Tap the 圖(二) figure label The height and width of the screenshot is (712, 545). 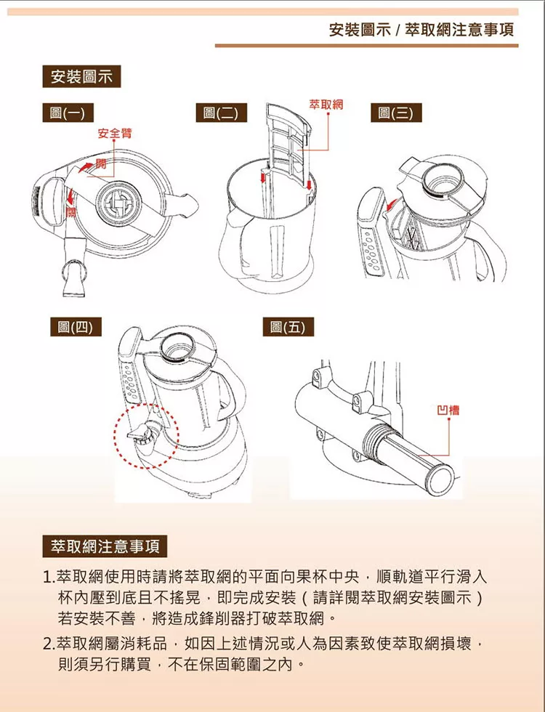(x=221, y=112)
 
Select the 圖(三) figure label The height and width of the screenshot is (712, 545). (x=396, y=112)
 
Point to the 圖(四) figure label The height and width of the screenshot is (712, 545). (x=76, y=326)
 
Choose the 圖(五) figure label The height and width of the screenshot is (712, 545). (x=288, y=326)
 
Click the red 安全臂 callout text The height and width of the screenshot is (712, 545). (x=115, y=133)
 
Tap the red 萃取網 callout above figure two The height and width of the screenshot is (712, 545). (x=326, y=105)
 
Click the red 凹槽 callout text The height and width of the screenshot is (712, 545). (x=448, y=410)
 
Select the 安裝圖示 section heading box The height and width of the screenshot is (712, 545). (x=81, y=76)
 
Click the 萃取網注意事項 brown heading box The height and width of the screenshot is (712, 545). (x=105, y=546)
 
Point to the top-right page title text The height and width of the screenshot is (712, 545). (x=421, y=30)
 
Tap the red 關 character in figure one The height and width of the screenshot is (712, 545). (x=71, y=212)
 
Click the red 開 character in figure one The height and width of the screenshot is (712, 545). (x=101, y=163)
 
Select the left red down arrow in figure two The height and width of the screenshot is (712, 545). (x=263, y=175)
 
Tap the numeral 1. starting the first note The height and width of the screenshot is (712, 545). (x=49, y=578)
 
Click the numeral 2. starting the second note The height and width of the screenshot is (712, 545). (x=49, y=644)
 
